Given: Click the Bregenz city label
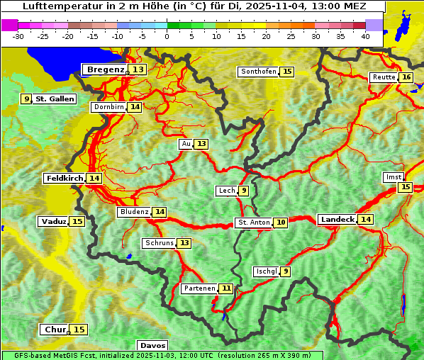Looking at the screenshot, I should tap(105, 69).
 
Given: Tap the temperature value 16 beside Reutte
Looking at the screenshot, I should tap(406, 77).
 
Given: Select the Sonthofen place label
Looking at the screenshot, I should tap(258, 72).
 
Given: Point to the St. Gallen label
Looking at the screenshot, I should tap(55, 99).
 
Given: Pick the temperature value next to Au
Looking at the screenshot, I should tap(201, 144).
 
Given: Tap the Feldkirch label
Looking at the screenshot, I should tap(65, 178).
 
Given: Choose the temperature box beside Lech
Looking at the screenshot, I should tap(243, 191).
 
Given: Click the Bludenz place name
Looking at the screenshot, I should tap(134, 212).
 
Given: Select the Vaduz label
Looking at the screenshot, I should tap(53, 221).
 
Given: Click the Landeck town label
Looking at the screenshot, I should tap(337, 220).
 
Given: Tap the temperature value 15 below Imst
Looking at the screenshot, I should tap(404, 187).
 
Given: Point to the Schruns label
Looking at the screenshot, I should tap(159, 243).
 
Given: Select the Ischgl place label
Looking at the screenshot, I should tap(266, 271).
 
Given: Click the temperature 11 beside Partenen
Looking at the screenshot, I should tap(225, 288).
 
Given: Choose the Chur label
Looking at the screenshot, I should tap(54, 330).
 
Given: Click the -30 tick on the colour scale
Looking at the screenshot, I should tap(18, 36).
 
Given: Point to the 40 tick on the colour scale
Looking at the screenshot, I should tap(365, 36).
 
